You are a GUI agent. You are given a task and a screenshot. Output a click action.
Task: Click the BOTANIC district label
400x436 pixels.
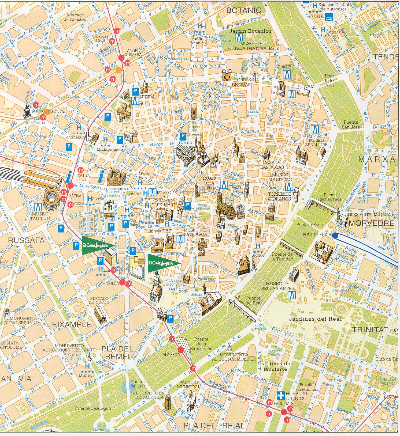[x=243, y=10]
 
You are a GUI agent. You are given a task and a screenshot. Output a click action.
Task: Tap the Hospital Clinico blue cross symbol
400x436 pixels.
[x=281, y=395]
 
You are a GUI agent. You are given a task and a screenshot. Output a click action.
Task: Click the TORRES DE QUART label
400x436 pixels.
[x=243, y=82]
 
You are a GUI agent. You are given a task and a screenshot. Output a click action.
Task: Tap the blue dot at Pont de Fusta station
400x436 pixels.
[x=335, y=236]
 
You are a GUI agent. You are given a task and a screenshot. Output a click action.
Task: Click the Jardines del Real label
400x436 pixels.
[x=315, y=319]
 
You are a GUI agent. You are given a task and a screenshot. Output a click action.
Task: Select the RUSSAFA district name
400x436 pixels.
[x=26, y=240]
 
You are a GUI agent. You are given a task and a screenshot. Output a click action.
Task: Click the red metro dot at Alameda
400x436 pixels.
[x=180, y=350]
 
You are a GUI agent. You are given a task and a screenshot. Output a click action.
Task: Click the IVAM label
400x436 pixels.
[x=309, y=86]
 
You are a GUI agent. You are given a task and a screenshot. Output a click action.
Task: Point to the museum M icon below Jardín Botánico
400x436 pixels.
[x=239, y=37]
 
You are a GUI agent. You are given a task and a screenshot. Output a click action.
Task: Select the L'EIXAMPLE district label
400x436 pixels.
[x=69, y=325]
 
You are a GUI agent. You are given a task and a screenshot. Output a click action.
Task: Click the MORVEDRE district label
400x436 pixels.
[x=371, y=223]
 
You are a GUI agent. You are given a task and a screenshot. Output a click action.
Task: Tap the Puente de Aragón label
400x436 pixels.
[x=93, y=408]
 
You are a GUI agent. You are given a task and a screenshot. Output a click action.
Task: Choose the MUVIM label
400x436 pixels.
[x=147, y=97]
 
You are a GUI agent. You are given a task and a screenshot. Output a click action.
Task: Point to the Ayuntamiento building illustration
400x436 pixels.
[x=116, y=177]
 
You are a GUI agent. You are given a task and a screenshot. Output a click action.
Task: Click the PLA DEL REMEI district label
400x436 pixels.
[x=117, y=352]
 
